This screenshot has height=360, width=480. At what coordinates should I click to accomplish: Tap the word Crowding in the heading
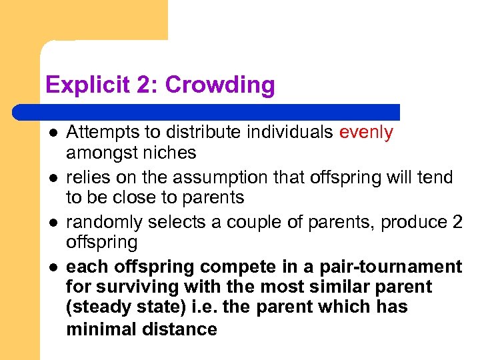coord(220,85)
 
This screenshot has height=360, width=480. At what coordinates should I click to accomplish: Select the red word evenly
coord(366,132)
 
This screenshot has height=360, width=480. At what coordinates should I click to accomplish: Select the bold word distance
coord(180,329)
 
